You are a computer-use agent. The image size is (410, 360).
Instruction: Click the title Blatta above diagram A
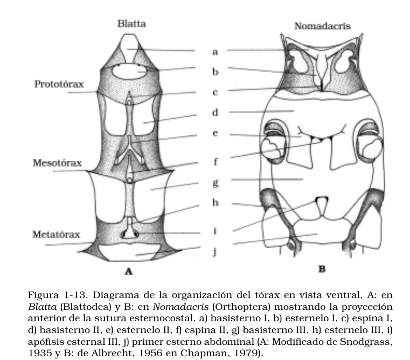(131, 24)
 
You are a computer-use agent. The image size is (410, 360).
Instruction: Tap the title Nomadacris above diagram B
(322, 26)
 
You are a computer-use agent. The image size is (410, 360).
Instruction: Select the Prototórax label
(59, 84)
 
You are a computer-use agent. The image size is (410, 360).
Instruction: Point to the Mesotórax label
(57, 163)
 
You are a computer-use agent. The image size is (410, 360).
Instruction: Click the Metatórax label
(56, 235)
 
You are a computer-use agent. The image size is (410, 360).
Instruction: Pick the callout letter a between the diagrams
(215, 52)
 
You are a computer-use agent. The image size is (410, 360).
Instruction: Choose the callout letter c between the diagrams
(215, 93)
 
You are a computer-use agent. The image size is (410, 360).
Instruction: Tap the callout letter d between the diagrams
(215, 113)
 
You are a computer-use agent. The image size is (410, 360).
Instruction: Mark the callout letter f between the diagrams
(215, 161)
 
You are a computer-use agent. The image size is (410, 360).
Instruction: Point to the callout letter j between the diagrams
(215, 251)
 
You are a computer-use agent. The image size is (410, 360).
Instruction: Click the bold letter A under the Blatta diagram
(129, 271)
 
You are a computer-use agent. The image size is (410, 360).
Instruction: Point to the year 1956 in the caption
(132, 353)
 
